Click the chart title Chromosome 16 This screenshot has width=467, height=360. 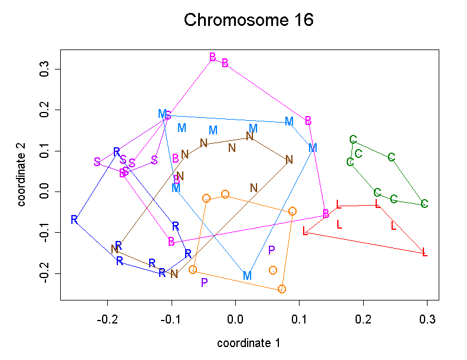248,21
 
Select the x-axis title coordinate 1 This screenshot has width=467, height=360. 248,343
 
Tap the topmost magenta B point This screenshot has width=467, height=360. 213,57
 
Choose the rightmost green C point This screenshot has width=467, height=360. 424,204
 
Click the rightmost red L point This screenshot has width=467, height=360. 425,253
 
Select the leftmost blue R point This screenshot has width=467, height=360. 74,220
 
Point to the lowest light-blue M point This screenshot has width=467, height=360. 247,276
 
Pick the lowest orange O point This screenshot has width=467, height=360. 282,289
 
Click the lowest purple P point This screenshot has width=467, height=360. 204,282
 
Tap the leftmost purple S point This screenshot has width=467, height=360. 97,161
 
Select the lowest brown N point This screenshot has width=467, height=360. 174,274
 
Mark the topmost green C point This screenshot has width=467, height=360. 353,140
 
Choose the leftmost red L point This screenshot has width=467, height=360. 305,231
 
